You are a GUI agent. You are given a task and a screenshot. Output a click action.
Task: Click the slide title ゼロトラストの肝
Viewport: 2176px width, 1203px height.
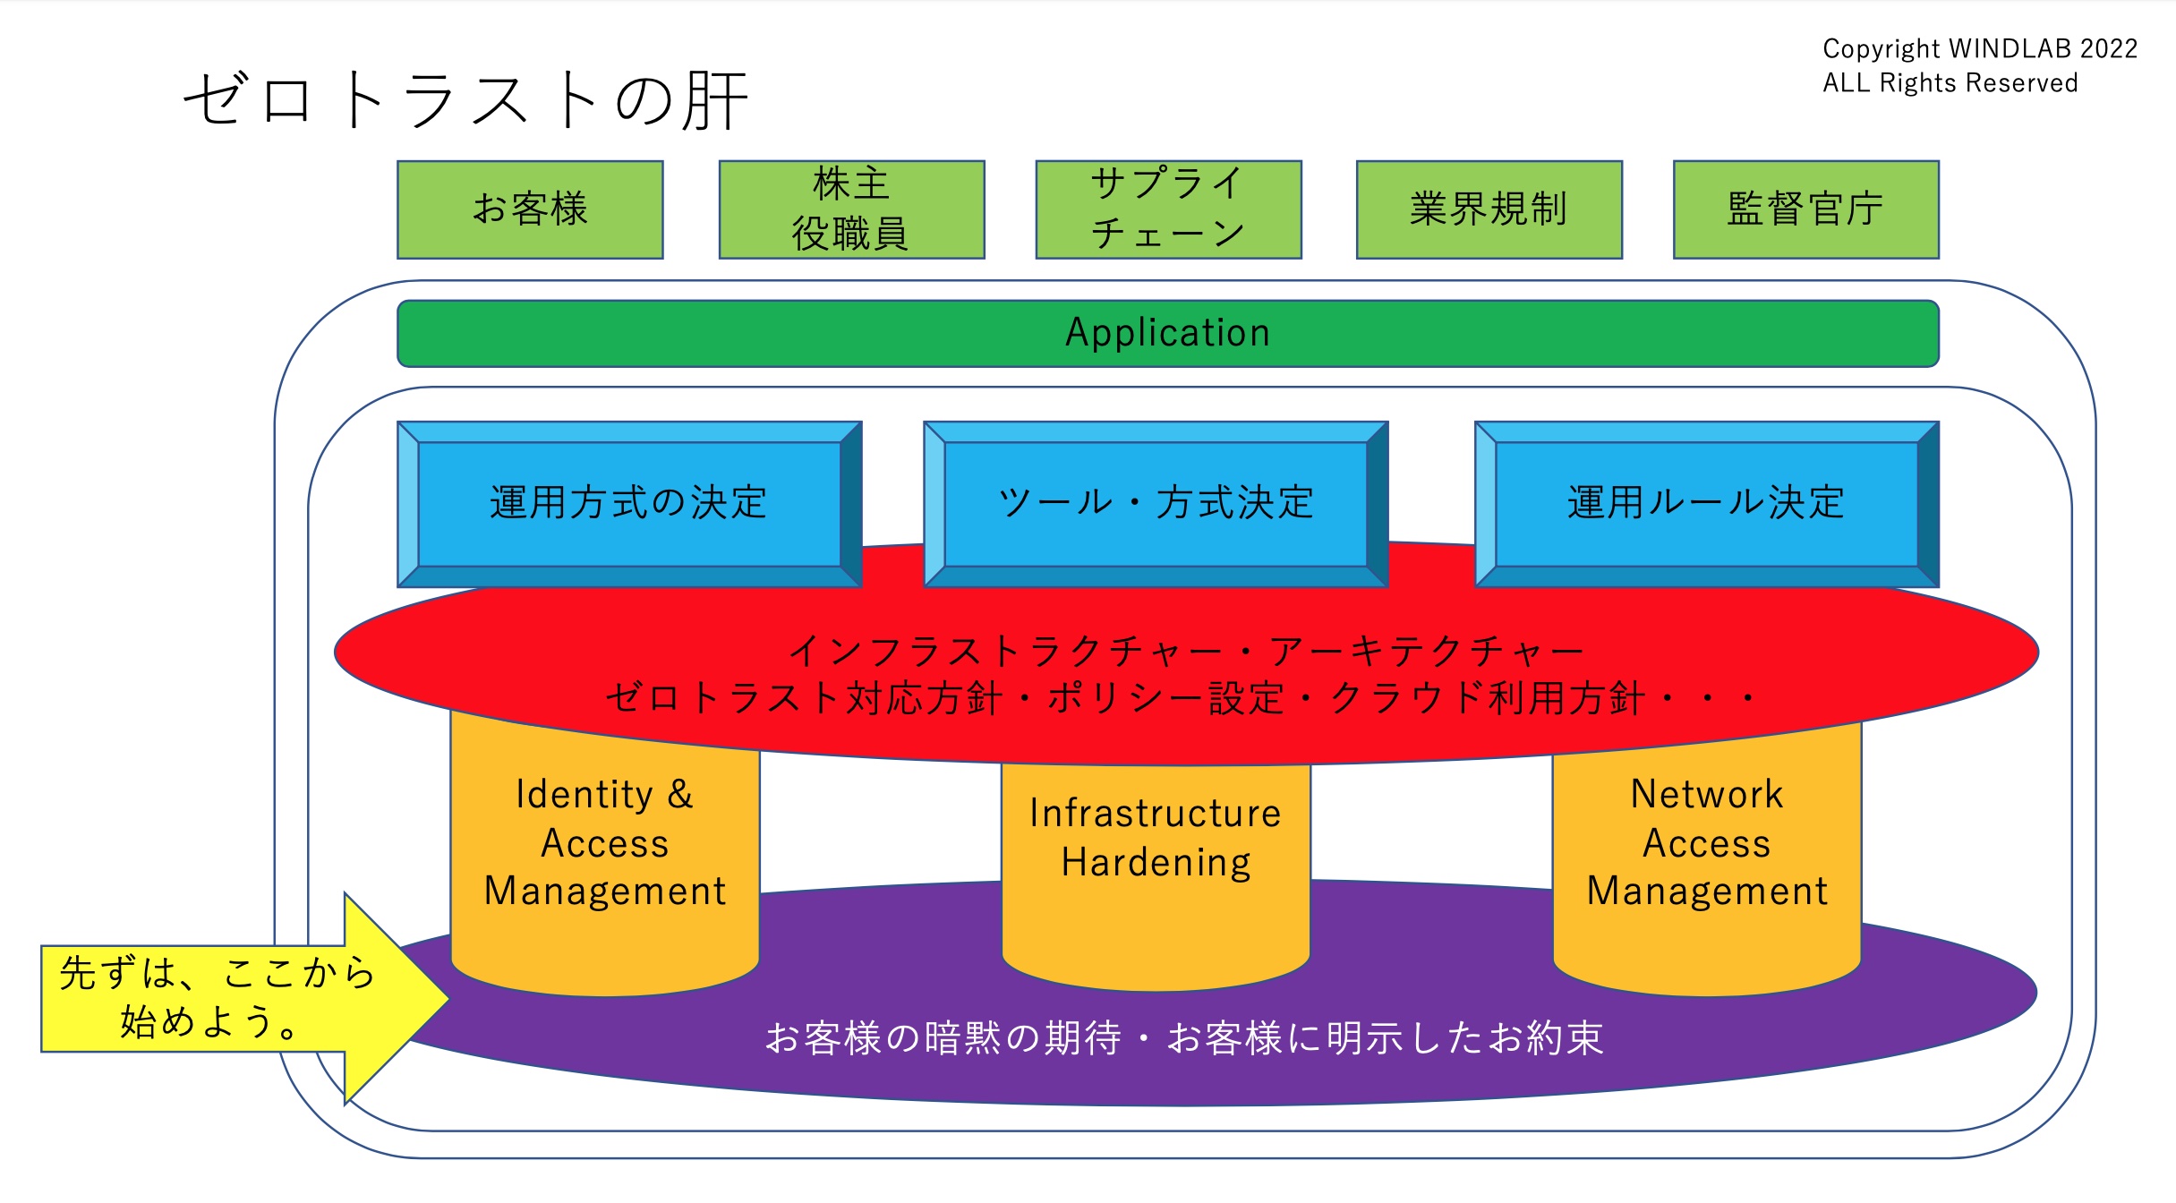[x=465, y=100]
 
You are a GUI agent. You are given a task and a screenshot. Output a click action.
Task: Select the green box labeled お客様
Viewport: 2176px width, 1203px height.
[x=530, y=209]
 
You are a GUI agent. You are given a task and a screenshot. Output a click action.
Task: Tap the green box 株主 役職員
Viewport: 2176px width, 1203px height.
[x=851, y=209]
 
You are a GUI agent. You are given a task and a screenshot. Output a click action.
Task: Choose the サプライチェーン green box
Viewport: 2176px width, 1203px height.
[x=1168, y=209]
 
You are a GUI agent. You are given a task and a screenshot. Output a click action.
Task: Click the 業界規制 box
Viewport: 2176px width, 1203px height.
[x=1489, y=209]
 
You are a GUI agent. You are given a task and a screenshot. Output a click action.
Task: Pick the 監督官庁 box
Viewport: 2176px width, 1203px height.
[x=1805, y=209]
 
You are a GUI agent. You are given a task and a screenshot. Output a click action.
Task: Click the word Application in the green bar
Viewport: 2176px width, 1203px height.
[x=1167, y=333]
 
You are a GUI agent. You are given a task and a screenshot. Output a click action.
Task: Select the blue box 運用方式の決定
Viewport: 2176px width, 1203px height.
[x=628, y=503]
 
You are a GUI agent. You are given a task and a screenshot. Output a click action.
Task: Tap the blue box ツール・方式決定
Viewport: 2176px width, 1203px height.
[x=1156, y=503]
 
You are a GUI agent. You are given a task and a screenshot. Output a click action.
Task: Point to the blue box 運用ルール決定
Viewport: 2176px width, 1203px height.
[x=1706, y=503]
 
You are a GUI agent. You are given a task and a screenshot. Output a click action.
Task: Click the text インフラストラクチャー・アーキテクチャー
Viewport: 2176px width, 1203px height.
[x=1186, y=652]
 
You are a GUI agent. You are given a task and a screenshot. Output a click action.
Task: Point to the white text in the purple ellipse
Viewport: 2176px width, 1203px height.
[x=1184, y=1039]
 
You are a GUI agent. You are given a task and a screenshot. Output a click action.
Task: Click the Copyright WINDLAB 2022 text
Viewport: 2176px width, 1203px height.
[x=1980, y=48]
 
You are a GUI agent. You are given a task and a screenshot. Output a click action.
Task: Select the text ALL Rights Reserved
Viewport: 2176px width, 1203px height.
[x=1950, y=83]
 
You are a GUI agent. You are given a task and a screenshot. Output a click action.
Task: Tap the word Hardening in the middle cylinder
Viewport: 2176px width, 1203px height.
[x=1156, y=863]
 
